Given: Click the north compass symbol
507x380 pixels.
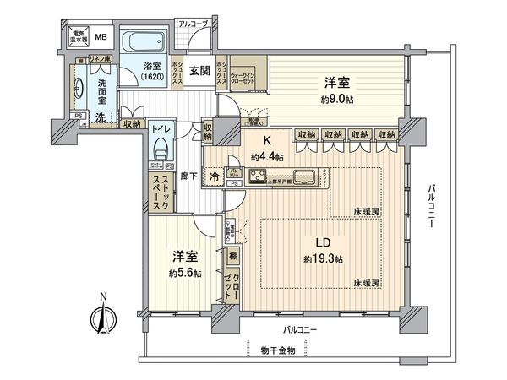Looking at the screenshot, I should click(101, 318).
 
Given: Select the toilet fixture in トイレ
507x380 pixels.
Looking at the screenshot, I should click(160, 152).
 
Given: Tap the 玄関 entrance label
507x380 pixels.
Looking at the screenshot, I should click(200, 73).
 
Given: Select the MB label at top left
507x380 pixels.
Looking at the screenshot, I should click(100, 36).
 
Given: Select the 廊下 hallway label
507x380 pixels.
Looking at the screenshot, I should click(190, 178).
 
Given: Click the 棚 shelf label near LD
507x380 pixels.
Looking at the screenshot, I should click(232, 255).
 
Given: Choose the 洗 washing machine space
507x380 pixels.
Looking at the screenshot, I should click(101, 119).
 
